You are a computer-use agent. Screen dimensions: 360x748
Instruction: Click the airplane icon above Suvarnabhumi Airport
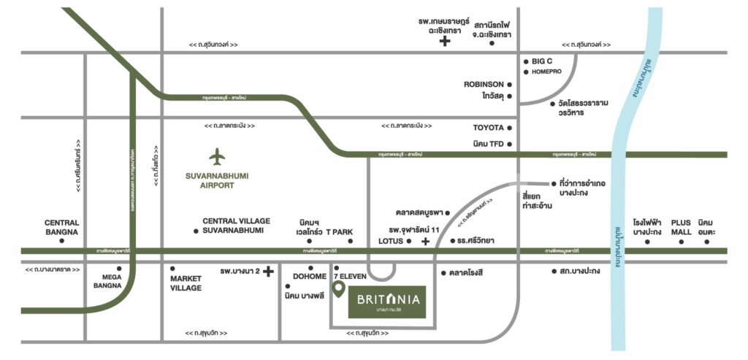pyautogui.click(x=217, y=156)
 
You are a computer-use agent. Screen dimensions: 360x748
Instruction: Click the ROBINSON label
pyautogui.click(x=484, y=84)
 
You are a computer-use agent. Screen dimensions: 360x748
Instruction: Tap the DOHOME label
pyautogui.click(x=310, y=277)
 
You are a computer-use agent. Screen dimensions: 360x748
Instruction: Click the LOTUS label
pyautogui.click(x=391, y=240)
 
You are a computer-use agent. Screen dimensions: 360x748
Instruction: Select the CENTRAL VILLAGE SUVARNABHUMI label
pyautogui.click(x=236, y=226)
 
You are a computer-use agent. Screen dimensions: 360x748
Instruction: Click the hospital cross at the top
pyautogui.click(x=444, y=42)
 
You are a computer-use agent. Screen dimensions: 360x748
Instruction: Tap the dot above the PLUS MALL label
pyautogui.click(x=682, y=241)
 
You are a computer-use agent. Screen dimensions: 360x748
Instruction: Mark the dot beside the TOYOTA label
pyautogui.click(x=510, y=127)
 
